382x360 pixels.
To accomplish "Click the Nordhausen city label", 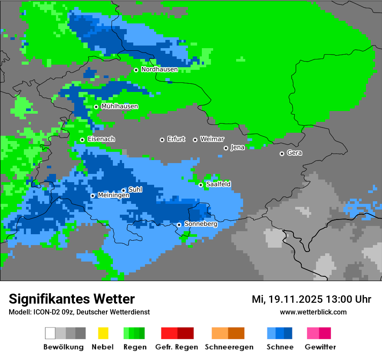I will (159, 69).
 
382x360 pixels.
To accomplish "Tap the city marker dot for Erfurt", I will (162, 140).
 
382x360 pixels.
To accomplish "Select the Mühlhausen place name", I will (120, 106).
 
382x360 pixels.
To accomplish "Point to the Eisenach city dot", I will (82, 140).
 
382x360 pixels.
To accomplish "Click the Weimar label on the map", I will (212, 139).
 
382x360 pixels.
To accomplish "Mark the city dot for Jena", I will (226, 148).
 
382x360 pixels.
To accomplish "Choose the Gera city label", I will (294, 153).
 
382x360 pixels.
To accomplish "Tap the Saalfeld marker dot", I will (201, 185).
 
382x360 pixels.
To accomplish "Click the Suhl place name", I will (135, 190).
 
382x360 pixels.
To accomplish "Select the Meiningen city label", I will (114, 196).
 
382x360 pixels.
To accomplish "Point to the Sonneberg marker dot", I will (179, 225).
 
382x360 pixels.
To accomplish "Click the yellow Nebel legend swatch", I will (103, 333).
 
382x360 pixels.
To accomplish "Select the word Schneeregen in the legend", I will (229, 347).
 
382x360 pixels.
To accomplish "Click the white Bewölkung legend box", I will (50, 333).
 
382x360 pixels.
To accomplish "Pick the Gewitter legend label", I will (320, 347).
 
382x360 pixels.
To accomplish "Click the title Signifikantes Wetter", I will (72, 299).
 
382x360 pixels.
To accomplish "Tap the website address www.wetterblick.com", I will (313, 312).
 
